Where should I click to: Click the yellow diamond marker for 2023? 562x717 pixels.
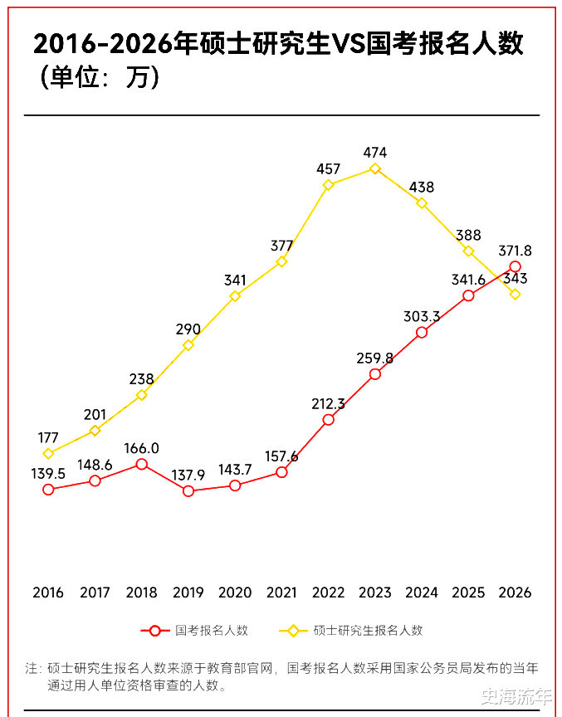(375, 168)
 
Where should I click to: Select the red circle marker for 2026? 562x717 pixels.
(516, 266)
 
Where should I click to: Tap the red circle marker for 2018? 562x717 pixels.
(142, 464)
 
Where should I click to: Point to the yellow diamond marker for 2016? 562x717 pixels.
(48, 453)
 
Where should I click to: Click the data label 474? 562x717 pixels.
(375, 153)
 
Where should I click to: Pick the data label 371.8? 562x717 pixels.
(516, 250)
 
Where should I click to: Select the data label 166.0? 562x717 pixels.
(142, 448)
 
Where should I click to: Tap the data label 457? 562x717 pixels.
(329, 168)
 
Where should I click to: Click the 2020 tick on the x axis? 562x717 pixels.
(235, 593)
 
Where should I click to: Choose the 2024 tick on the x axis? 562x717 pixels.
(422, 593)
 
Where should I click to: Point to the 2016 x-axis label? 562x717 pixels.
(48, 593)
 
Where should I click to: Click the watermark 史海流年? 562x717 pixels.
(516, 695)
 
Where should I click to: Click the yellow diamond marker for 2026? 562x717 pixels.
(516, 294)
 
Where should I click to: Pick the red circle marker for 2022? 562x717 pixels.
(329, 420)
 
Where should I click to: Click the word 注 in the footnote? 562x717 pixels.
(32, 668)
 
